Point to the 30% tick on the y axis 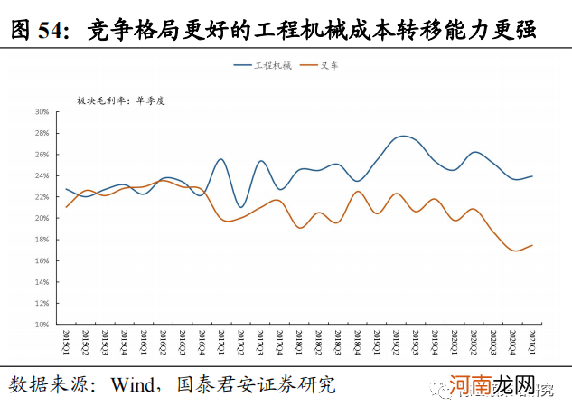click(42, 112)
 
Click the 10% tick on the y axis click(42, 324)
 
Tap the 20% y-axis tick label click(42, 218)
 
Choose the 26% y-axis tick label click(42, 155)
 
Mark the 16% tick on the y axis click(42, 260)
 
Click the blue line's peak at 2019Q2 click(403, 136)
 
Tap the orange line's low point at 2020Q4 click(512, 251)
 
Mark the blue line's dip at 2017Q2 click(240, 207)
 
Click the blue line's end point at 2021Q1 click(531, 176)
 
